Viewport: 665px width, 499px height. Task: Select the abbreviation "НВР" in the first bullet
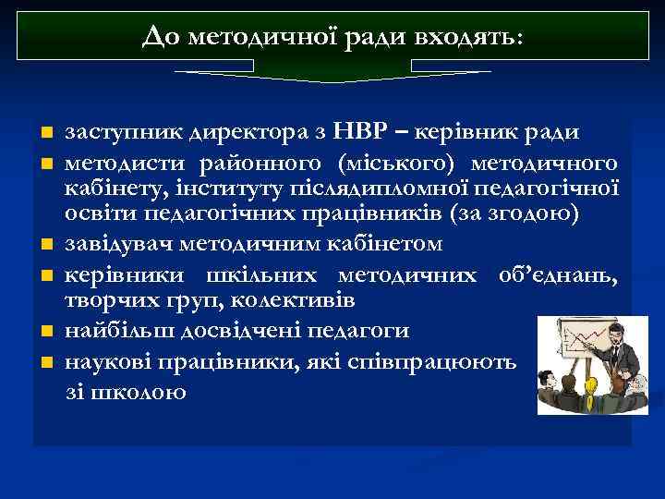[x=369, y=132]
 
